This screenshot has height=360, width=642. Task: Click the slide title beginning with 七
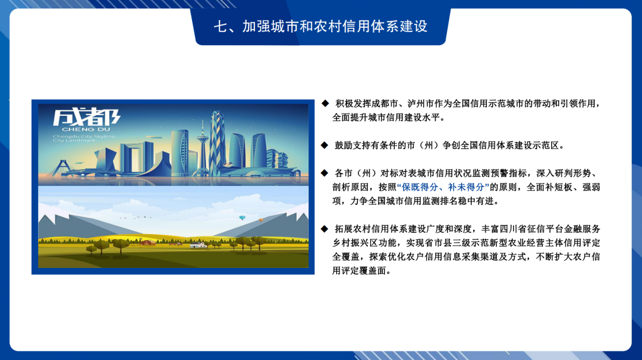pos(320,27)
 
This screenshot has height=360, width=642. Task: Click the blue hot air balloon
pos(242,218)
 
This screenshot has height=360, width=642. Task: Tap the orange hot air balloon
pos(260,220)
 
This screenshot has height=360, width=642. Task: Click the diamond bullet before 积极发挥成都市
pos(325,103)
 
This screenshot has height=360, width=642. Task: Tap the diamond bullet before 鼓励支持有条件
pos(325,145)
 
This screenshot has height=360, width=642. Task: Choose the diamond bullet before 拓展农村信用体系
pos(325,229)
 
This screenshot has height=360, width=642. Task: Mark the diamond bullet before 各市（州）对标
pos(325,173)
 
